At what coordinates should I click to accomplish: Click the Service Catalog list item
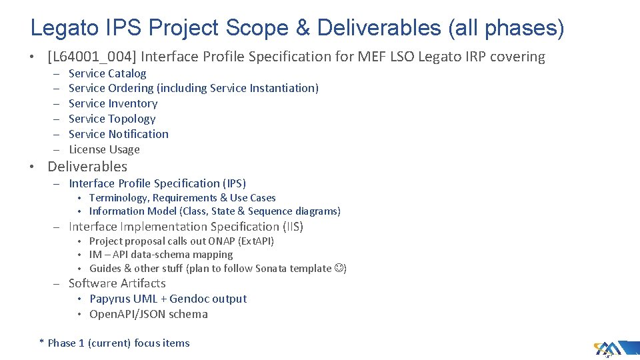pos(107,73)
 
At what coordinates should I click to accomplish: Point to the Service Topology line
pos(112,119)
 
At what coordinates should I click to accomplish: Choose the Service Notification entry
pos(119,134)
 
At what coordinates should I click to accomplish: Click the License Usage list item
pos(104,149)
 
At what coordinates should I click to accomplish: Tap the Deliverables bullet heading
pos(87,167)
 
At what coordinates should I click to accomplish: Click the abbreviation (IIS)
pos(291,227)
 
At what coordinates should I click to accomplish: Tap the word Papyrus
pos(110,299)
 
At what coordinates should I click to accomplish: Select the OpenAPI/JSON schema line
pos(148,315)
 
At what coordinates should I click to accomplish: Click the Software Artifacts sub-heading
pos(117,283)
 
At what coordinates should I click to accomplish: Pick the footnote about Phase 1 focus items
pos(115,343)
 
